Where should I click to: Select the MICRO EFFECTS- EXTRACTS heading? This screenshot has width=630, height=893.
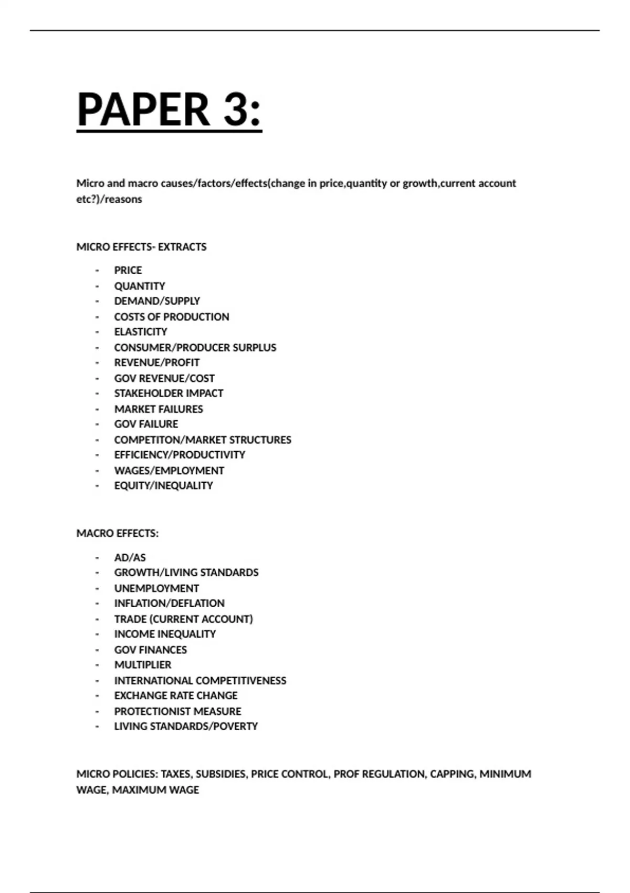(141, 247)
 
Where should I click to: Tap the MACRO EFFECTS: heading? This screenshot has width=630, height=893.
(117, 533)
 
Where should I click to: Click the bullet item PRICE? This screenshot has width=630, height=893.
(128, 270)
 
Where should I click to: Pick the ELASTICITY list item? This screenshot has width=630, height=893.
(141, 332)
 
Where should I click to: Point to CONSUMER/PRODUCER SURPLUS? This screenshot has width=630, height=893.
(195, 347)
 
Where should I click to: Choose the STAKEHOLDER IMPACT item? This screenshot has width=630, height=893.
(169, 393)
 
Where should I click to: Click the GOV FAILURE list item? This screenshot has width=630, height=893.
(146, 424)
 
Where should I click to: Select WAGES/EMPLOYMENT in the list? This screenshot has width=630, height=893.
(169, 470)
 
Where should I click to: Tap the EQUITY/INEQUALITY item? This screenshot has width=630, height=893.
(163, 485)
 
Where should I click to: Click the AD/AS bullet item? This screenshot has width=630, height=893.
(130, 557)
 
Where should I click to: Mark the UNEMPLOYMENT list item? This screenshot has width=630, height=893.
(156, 588)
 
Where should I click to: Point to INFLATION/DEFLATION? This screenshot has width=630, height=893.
(169, 603)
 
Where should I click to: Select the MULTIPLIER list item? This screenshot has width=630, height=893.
(143, 664)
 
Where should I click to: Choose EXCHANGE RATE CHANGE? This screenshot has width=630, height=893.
(176, 695)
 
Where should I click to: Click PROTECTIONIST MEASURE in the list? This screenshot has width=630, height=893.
(177, 711)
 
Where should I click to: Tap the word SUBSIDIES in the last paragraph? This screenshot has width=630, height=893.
(220, 774)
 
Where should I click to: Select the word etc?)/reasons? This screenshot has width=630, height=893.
(109, 199)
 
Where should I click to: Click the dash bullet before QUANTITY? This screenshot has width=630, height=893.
(97, 286)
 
